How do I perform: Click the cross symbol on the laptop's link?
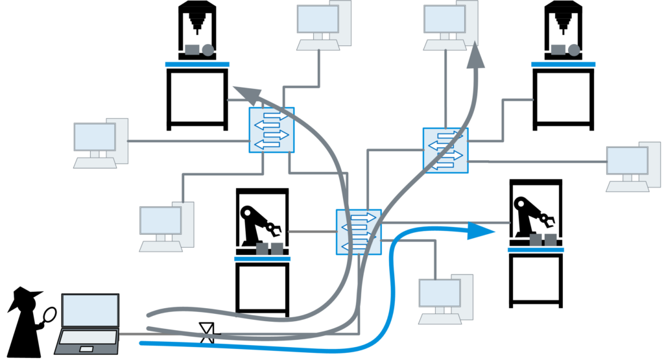pyautogui.click(x=207, y=333)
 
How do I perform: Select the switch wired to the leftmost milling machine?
pyautogui.click(x=272, y=130)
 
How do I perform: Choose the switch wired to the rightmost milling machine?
pyautogui.click(x=445, y=150)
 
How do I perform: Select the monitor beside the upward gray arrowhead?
pyautogui.click(x=445, y=19)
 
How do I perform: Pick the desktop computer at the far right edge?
pyautogui.click(x=628, y=166)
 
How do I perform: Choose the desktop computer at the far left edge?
pyautogui.click(x=97, y=143)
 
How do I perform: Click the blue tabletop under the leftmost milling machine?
pyautogui.click(x=197, y=64)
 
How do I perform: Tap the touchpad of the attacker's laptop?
pyautogui.click(x=86, y=349)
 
